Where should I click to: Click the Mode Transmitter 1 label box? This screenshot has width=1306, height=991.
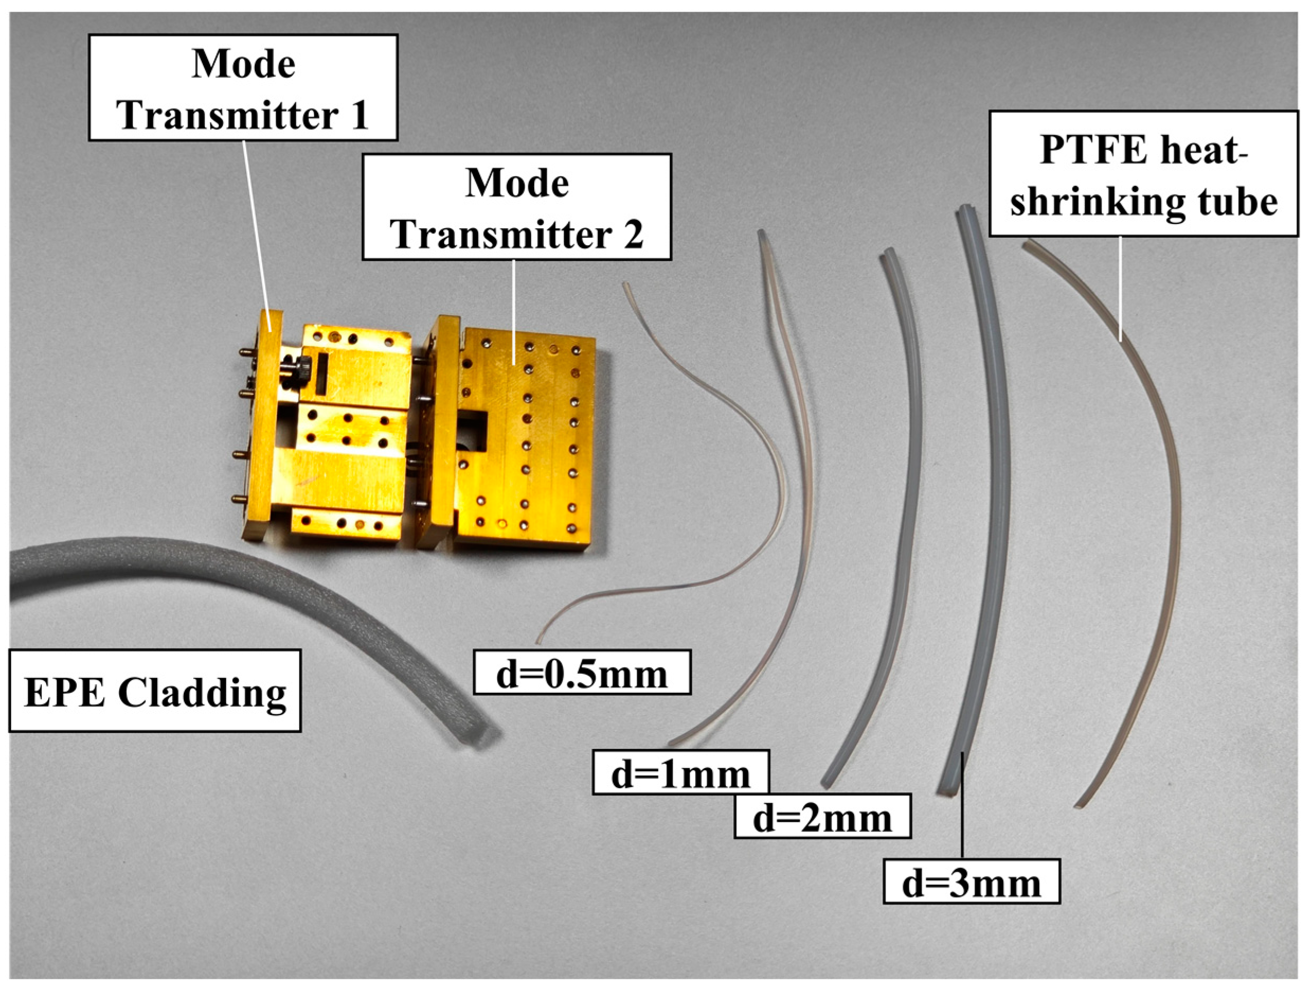(x=242, y=87)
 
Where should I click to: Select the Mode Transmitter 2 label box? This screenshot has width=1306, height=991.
(x=517, y=207)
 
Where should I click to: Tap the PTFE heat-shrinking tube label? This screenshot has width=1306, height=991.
(x=1143, y=174)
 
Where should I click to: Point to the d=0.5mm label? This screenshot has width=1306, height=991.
(x=582, y=672)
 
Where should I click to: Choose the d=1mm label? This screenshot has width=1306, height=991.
(x=681, y=772)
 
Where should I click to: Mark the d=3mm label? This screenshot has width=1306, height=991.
(x=971, y=883)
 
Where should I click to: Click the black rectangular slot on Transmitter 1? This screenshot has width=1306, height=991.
(x=323, y=373)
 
